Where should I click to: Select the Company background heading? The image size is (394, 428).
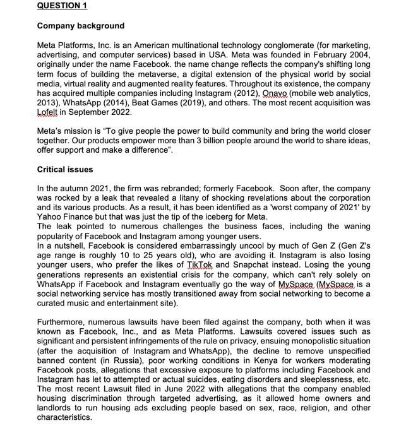coord(81,26)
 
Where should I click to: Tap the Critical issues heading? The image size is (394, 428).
coord(65,170)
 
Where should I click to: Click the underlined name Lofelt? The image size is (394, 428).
coord(51,112)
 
